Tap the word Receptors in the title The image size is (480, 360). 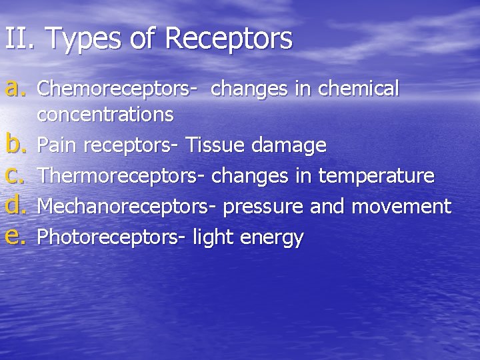[x=228, y=39]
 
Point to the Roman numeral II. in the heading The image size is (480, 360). [x=19, y=39]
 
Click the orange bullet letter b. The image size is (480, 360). [x=15, y=143]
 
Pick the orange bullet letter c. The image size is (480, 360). [x=15, y=175]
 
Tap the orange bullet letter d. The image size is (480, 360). [x=15, y=206]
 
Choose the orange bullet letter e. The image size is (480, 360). [x=15, y=237]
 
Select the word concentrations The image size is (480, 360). [x=105, y=115]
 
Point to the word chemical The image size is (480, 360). [x=359, y=89]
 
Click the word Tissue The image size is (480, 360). [x=215, y=145]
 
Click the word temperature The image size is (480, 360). [x=377, y=176]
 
